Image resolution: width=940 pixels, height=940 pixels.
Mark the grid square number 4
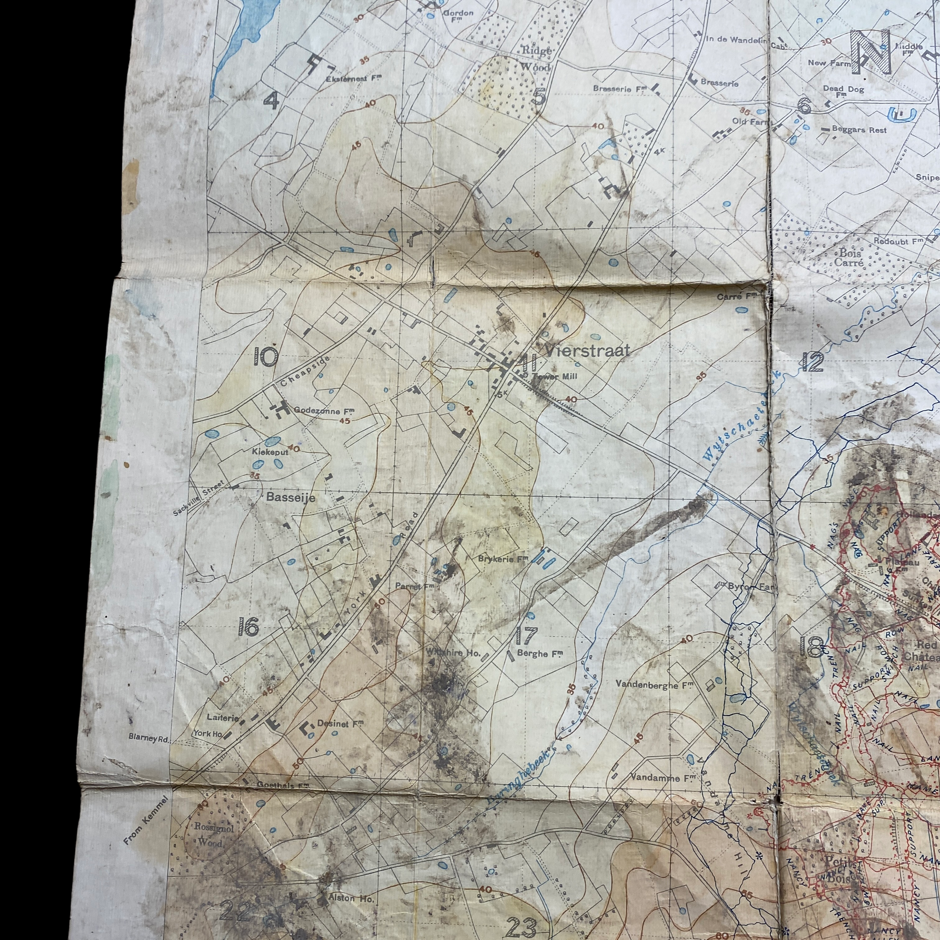pos(271,101)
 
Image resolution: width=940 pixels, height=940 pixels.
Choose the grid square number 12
pos(813,362)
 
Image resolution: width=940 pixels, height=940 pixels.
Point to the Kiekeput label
pos(270,452)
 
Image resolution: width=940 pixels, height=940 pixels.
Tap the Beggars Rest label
pos(859,130)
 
